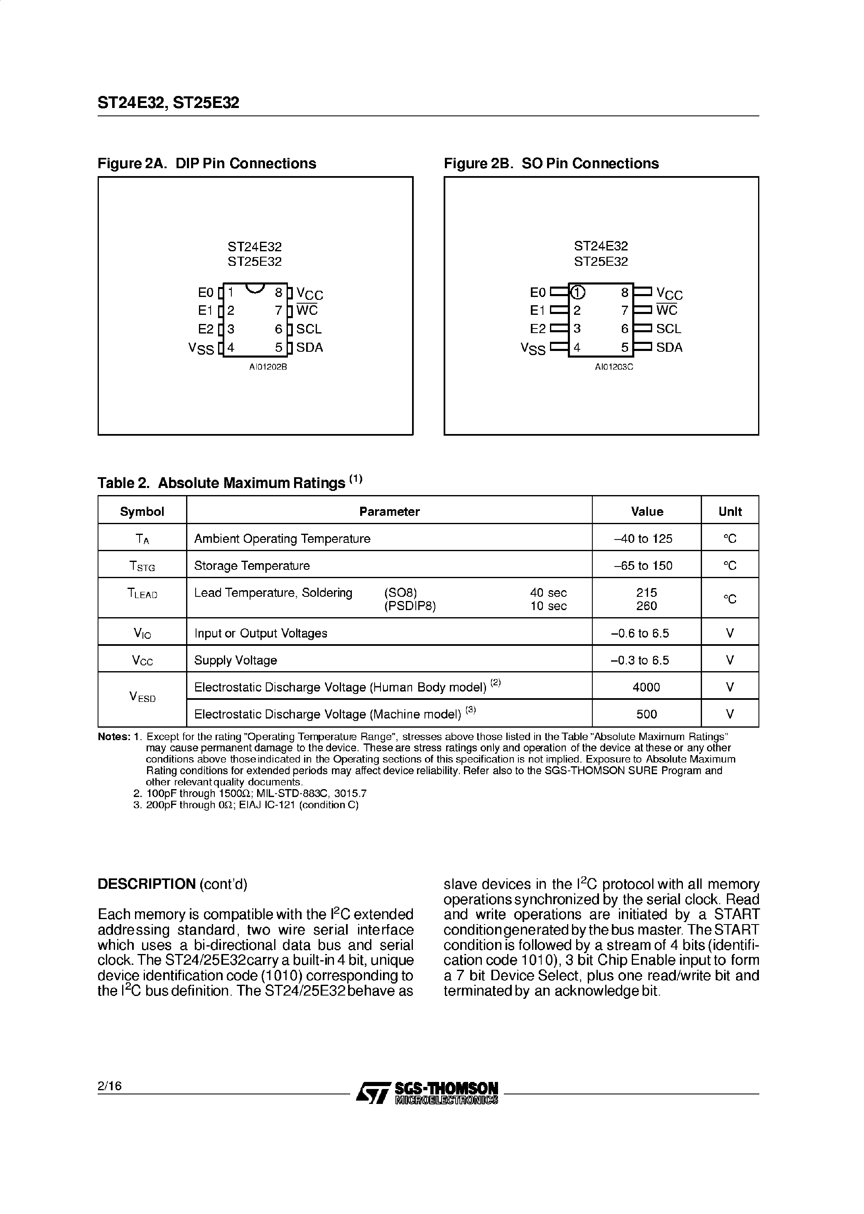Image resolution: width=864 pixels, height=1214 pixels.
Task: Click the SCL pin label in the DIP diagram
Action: tap(309, 329)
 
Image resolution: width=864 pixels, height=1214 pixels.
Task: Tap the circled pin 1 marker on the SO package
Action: tap(578, 292)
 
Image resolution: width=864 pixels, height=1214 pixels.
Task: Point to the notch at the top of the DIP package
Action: tap(255, 288)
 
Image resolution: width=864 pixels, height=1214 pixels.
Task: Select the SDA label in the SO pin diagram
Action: tap(669, 347)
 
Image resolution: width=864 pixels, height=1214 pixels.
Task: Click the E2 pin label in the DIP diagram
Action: tap(205, 329)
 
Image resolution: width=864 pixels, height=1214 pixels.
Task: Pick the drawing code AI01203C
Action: tap(614, 367)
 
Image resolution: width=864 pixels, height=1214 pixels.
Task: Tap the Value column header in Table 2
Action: tap(646, 511)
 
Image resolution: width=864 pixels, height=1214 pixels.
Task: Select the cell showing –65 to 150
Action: tap(643, 566)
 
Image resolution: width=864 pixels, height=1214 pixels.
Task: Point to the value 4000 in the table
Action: tap(646, 687)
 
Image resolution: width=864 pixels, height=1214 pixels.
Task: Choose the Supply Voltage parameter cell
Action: tap(235, 660)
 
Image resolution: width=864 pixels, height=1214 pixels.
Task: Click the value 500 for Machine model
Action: tap(646, 714)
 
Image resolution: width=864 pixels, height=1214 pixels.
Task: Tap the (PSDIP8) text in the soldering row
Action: tap(410, 606)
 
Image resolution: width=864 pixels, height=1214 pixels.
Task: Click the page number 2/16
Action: tap(110, 1086)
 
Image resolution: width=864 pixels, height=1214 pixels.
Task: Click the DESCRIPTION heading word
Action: tap(146, 884)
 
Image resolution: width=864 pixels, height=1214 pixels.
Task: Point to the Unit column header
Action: tap(729, 511)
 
